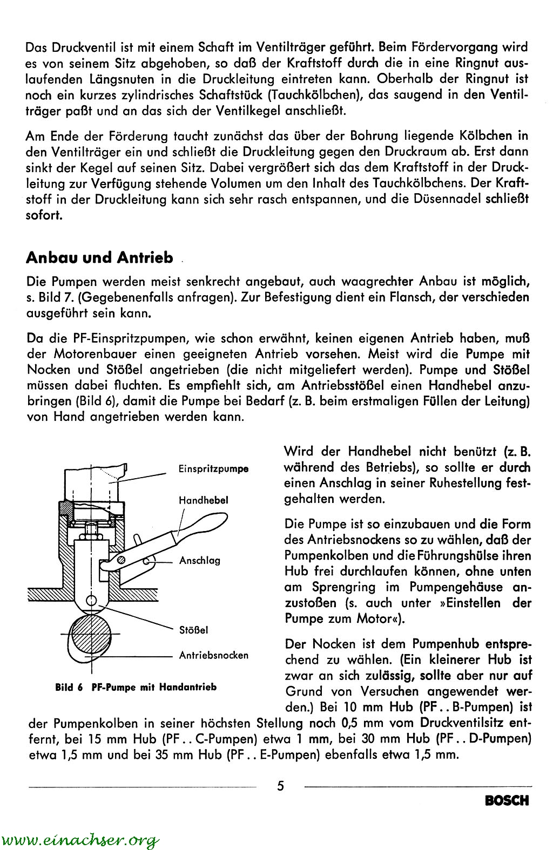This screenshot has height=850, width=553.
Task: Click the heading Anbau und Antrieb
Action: [x=99, y=257]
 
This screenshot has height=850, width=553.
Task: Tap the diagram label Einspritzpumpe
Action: [x=213, y=468]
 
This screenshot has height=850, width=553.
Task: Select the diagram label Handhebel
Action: [x=204, y=500]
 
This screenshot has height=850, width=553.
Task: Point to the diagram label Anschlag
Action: [x=200, y=560]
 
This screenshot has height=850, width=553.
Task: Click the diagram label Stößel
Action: [x=194, y=629]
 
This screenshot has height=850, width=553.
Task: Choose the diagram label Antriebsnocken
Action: [x=213, y=655]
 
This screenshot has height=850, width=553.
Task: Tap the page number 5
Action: [x=280, y=786]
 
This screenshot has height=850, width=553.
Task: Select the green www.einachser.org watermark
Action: [x=80, y=840]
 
